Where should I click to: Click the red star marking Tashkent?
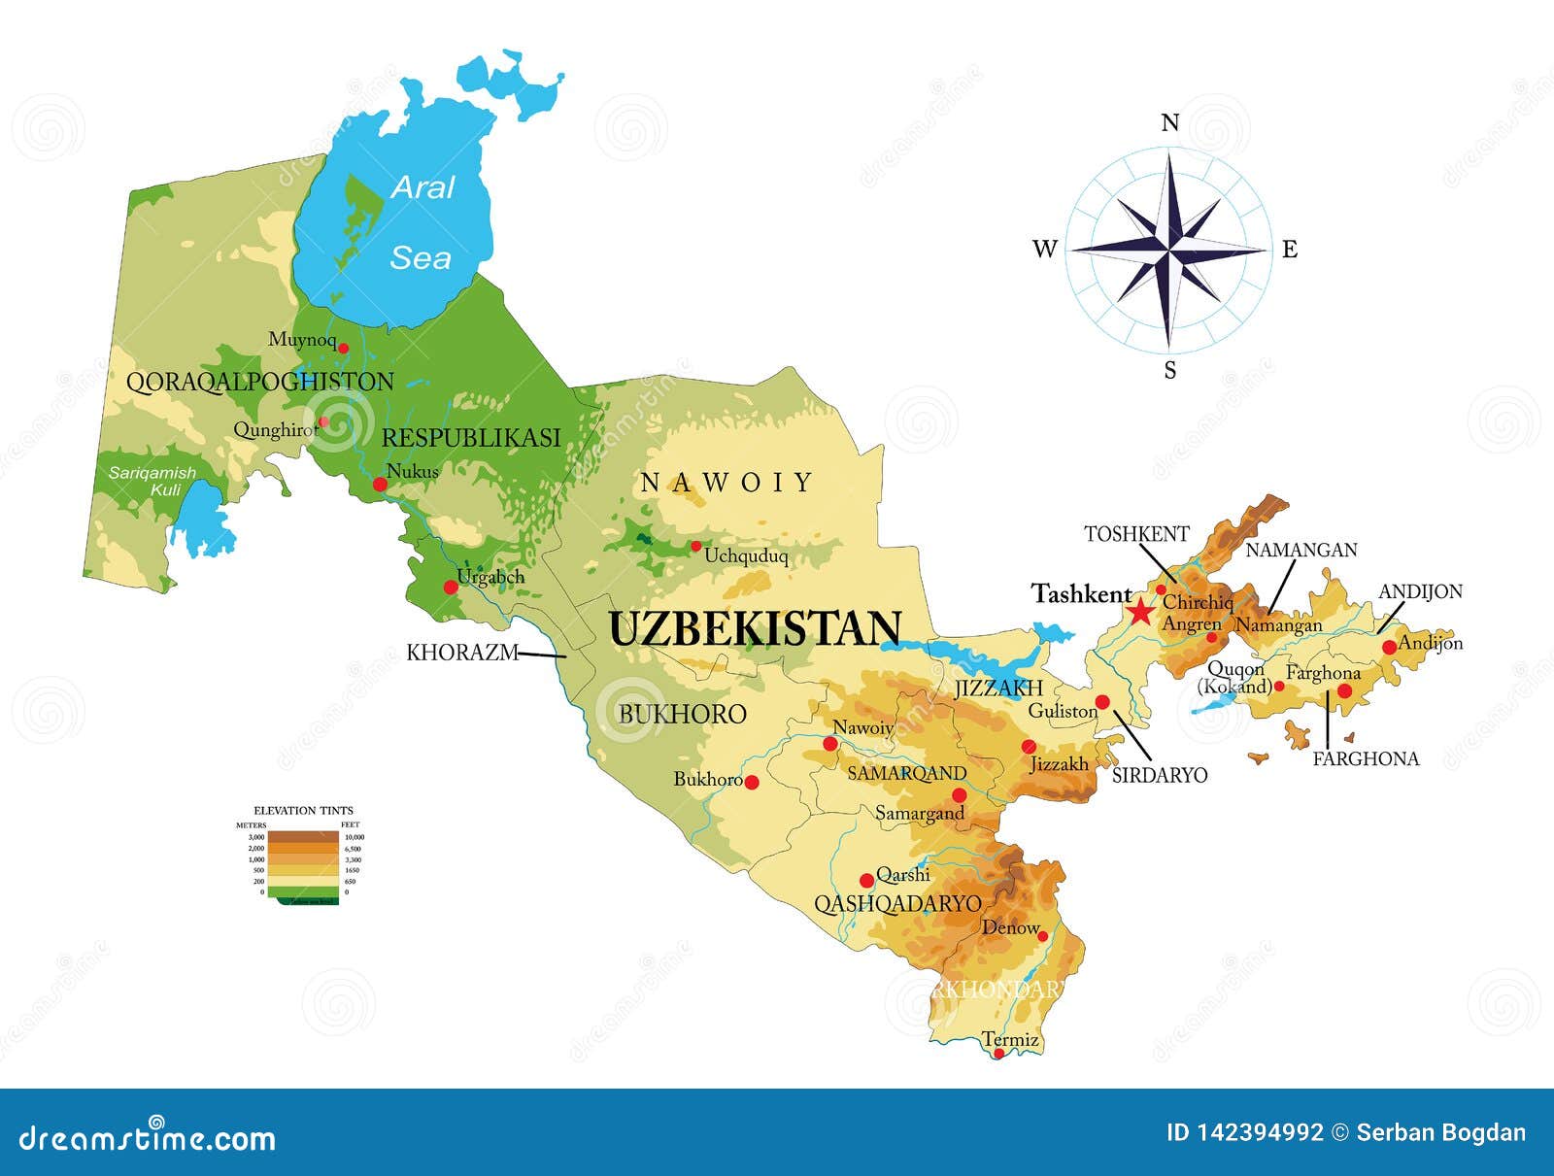[x=1140, y=612]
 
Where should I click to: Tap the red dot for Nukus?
[x=380, y=484]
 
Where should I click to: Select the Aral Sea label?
[x=422, y=222]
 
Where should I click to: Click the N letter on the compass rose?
[x=1170, y=122]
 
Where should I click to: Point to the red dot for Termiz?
[x=998, y=1053]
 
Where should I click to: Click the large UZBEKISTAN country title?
[x=755, y=629]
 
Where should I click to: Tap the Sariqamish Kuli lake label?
[x=152, y=481]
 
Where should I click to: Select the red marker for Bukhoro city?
[x=751, y=782]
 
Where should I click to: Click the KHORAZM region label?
[x=461, y=653]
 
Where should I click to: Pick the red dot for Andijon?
[x=1389, y=647]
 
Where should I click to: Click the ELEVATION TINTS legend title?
[x=303, y=810]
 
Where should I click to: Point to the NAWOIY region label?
[x=726, y=482]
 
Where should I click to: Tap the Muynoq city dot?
[x=342, y=347]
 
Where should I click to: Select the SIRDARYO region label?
[x=1159, y=775]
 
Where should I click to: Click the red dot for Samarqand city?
[x=959, y=795]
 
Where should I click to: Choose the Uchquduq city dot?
[x=695, y=546]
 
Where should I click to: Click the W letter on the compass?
[x=1044, y=250]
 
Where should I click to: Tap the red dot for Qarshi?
[x=866, y=880]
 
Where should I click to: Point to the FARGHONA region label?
[x=1366, y=758]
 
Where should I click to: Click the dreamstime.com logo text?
[x=148, y=1137]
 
